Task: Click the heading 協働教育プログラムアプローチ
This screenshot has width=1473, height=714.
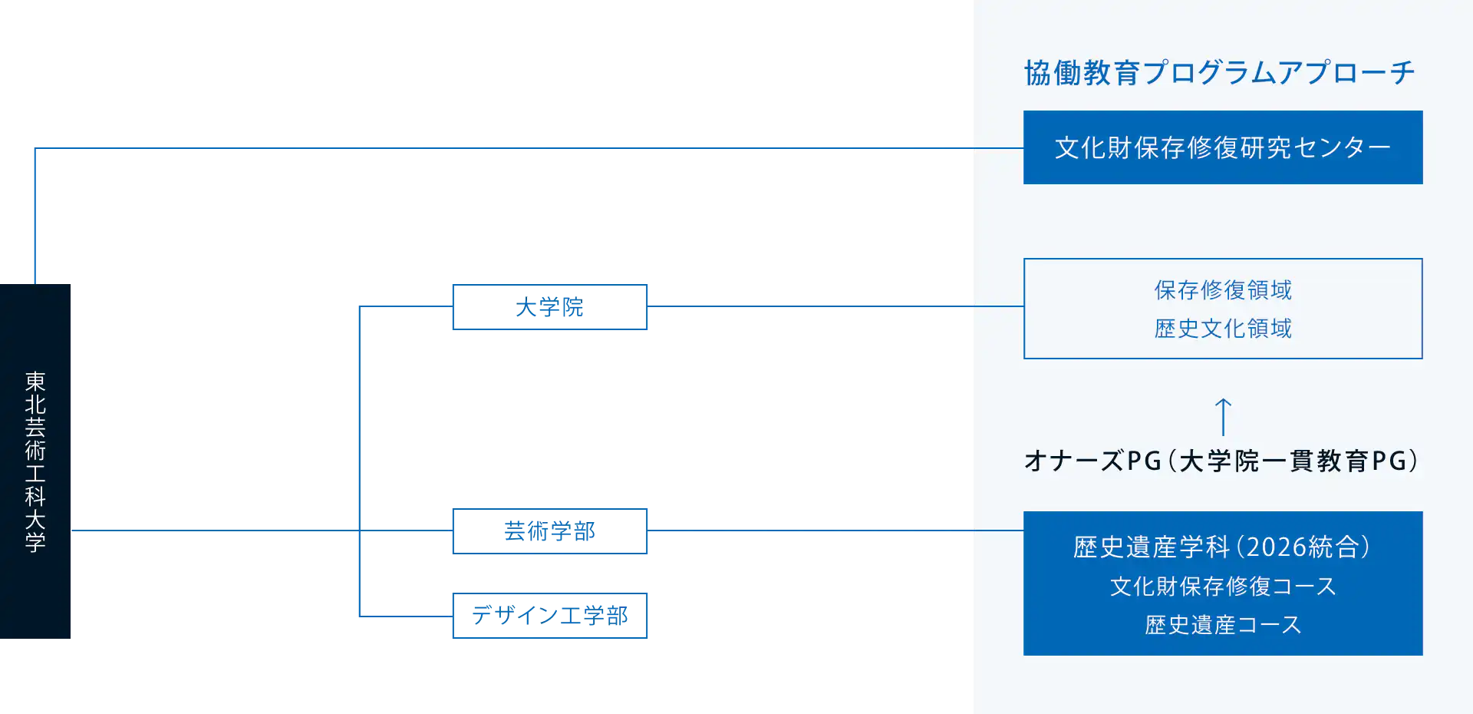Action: [x=1219, y=73]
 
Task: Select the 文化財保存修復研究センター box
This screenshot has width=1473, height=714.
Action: [x=1222, y=147]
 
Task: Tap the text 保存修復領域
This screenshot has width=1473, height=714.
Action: [x=1222, y=290]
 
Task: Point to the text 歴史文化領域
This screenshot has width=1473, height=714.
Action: [x=1222, y=329]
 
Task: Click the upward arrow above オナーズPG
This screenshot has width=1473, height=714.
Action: [x=1223, y=417]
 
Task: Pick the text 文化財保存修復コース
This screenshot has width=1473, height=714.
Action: [x=1222, y=587]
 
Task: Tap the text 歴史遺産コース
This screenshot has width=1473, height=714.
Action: [x=1222, y=625]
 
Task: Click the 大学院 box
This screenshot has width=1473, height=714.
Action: [x=549, y=307]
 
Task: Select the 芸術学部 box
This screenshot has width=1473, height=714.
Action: [x=549, y=531]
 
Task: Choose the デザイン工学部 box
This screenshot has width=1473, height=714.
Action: [x=549, y=614]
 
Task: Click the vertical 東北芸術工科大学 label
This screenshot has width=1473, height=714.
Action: [x=35, y=461]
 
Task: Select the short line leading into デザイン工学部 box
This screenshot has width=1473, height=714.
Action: [x=404, y=616]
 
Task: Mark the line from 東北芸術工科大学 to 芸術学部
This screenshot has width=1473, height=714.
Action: [x=215, y=531]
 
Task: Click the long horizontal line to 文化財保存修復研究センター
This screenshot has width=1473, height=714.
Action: [x=499, y=150]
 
